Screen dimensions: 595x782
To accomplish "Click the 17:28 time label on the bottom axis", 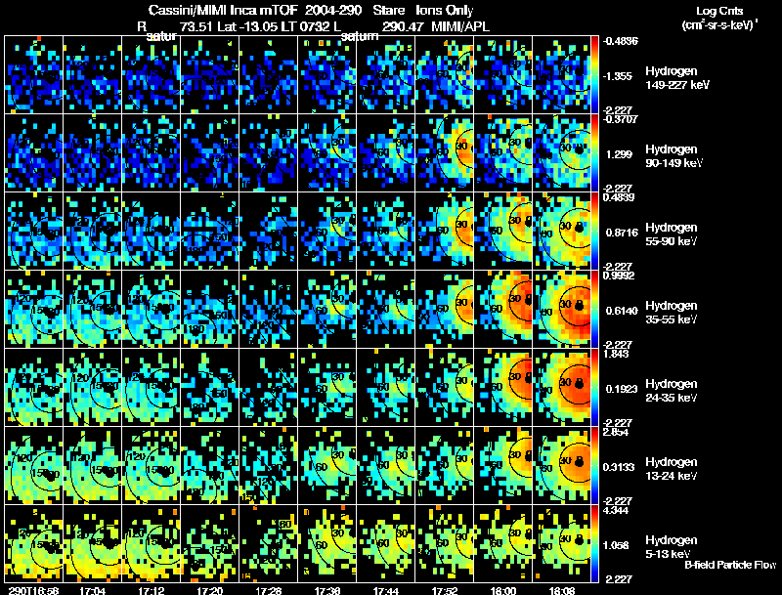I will pyautogui.click(x=269, y=590).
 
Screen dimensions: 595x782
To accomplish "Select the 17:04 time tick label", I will pyautogui.click(x=92, y=590).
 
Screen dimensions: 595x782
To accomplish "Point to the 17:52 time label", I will pyautogui.click(x=445, y=590).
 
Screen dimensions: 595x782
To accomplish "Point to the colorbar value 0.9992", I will pyautogui.click(x=619, y=276).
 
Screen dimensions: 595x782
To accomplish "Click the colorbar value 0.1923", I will pyautogui.click(x=619, y=389).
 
